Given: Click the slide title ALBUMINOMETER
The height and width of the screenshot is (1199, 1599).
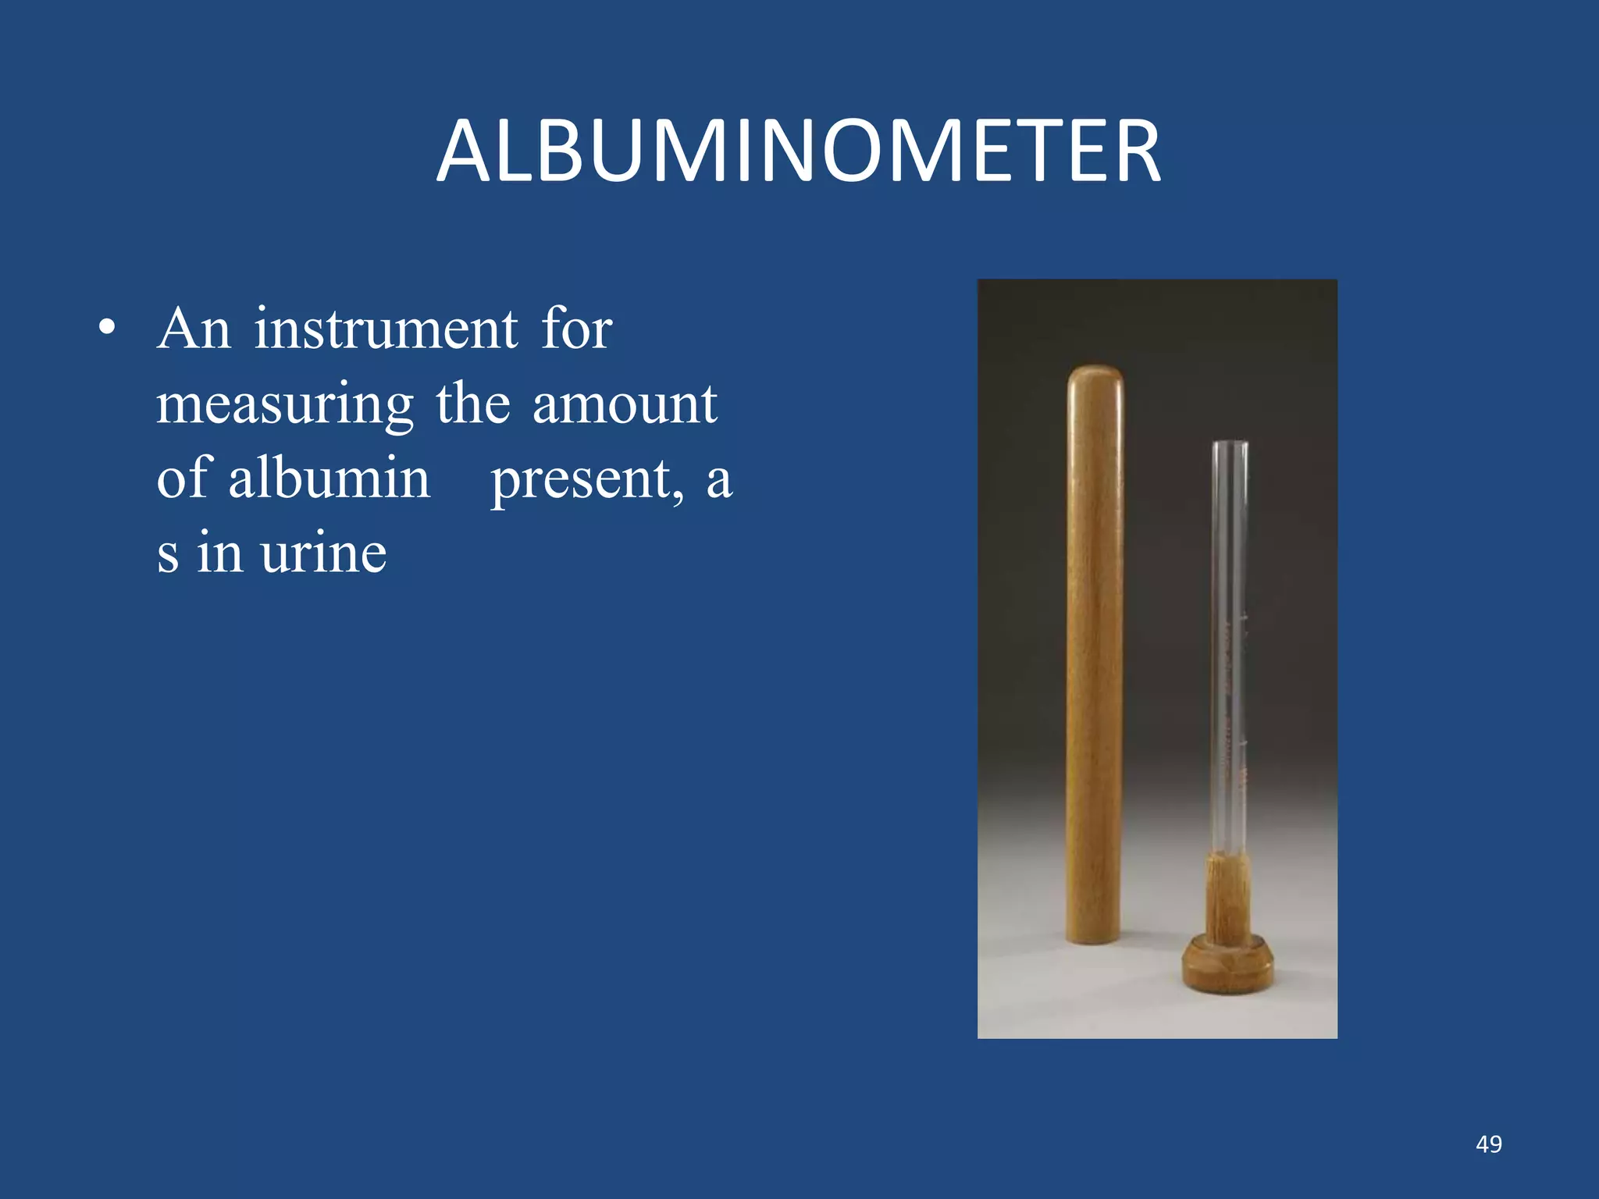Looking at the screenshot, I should click(798, 151).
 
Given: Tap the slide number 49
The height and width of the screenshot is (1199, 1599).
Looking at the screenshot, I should click(1488, 1144).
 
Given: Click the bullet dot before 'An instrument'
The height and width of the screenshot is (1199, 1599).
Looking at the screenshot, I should click(108, 329).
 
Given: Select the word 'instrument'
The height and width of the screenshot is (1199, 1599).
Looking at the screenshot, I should click(386, 329).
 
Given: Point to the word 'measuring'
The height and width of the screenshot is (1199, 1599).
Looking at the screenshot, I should click(285, 405).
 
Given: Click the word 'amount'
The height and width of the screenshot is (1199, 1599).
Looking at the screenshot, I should click(624, 404).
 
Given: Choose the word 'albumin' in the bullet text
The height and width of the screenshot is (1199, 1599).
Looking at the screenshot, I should click(329, 478).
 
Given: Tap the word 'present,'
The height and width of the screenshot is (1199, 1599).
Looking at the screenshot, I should click(587, 479).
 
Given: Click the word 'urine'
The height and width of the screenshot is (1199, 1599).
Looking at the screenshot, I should click(323, 553).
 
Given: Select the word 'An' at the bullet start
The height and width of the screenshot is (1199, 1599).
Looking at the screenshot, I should click(194, 329).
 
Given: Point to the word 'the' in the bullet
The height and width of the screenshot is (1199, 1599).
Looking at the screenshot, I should click(472, 404).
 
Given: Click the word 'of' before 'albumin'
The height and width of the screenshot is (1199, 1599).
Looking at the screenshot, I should click(183, 478).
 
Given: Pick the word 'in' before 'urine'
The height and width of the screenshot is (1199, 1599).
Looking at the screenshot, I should click(219, 553).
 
